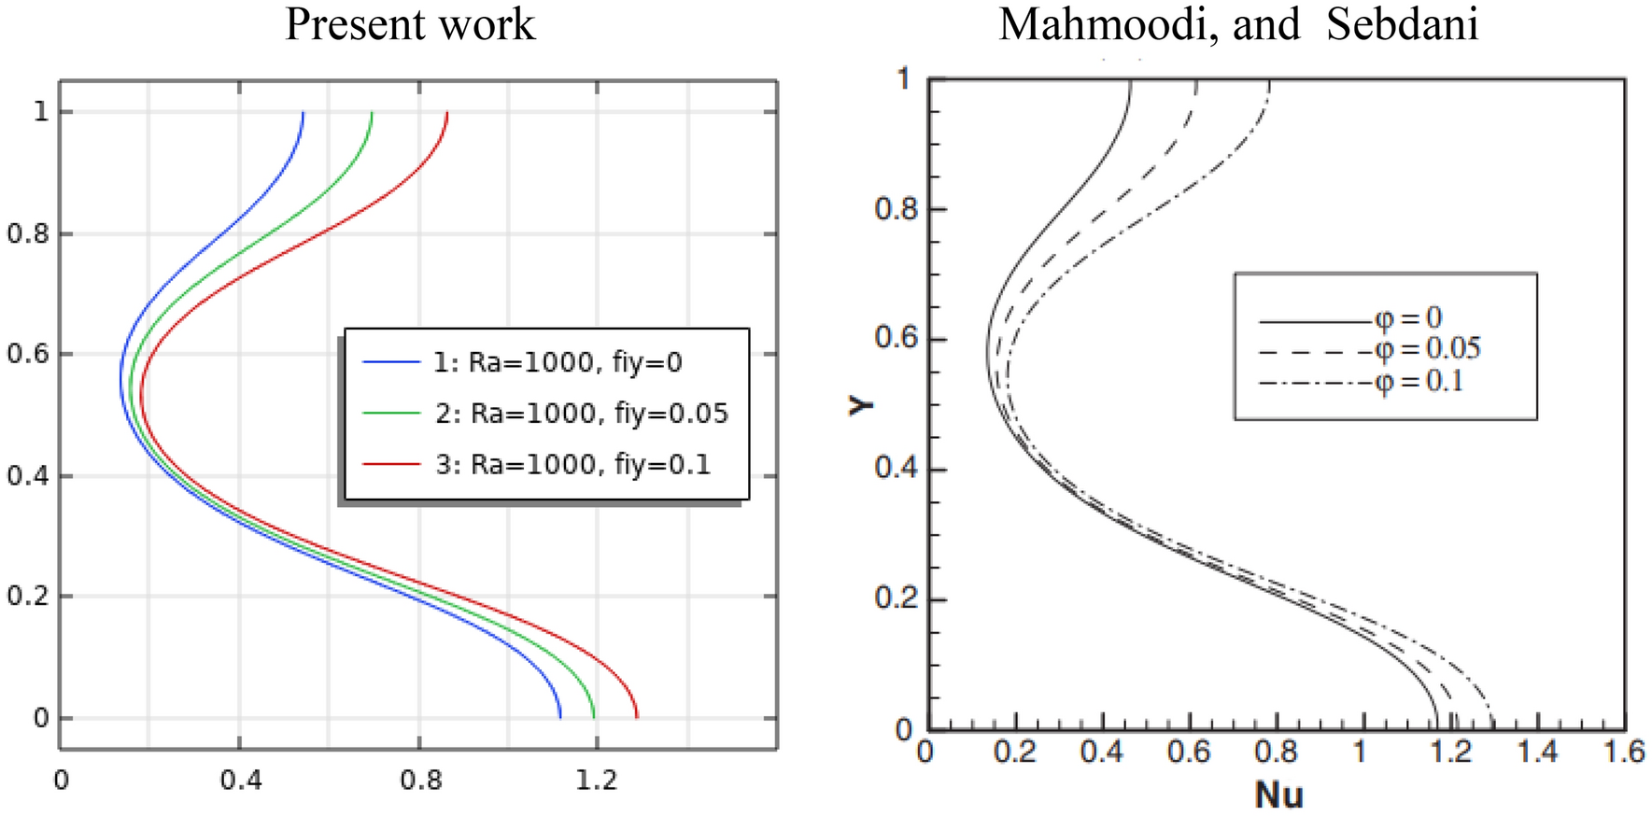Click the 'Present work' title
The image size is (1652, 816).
pyautogui.click(x=410, y=25)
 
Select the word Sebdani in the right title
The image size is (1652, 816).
pyautogui.click(x=1402, y=25)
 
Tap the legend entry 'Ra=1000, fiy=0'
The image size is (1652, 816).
pyautogui.click(x=557, y=362)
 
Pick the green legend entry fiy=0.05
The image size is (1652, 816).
pyautogui.click(x=580, y=414)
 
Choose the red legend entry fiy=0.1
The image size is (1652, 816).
pyautogui.click(x=572, y=465)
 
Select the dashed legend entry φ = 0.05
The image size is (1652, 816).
pyautogui.click(x=1427, y=350)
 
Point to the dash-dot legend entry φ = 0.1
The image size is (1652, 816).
pyautogui.click(x=1419, y=382)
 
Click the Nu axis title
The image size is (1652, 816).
pyautogui.click(x=1278, y=795)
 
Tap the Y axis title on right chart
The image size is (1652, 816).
pyautogui.click(x=861, y=404)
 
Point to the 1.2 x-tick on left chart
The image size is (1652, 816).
pyautogui.click(x=596, y=780)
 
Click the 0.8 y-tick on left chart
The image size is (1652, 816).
pyautogui.click(x=28, y=233)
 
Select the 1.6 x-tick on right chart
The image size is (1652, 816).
pyautogui.click(x=1622, y=752)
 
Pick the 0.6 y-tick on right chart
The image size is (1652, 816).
pyautogui.click(x=896, y=338)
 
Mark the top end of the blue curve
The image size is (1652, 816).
pyautogui.click(x=303, y=112)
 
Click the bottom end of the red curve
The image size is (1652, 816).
pyautogui.click(x=637, y=717)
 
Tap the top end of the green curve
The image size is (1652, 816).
pyautogui.click(x=372, y=112)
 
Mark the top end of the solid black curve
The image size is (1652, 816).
pyautogui.click(x=1130, y=82)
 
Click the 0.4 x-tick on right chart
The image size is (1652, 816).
pyautogui.click(x=1101, y=752)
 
